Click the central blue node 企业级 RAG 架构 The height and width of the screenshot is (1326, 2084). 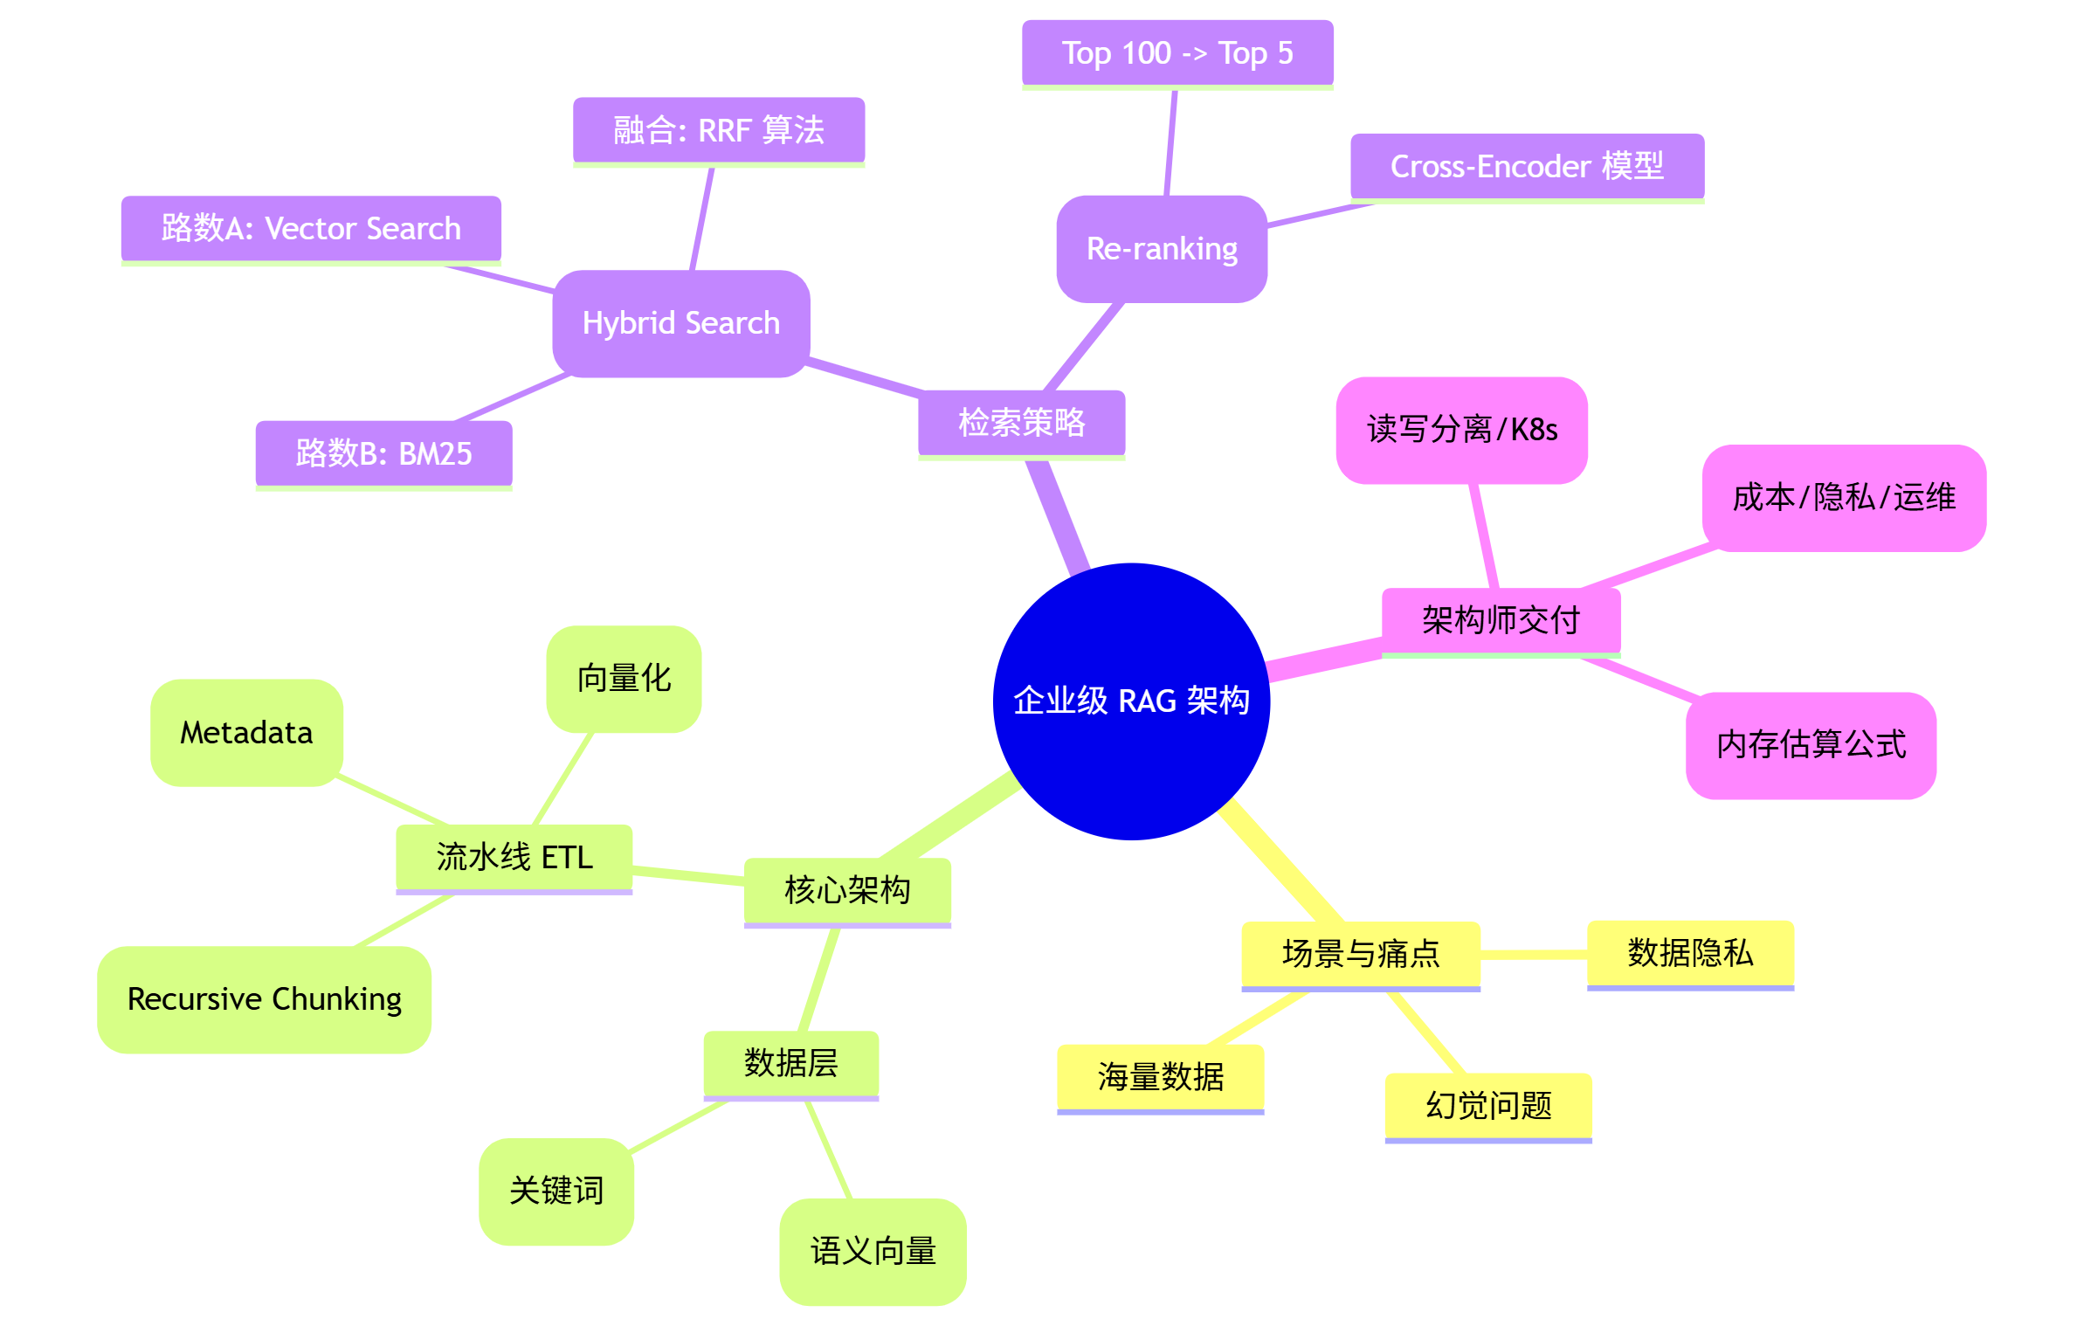tap(1131, 701)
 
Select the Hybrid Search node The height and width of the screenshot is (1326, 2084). tap(680, 323)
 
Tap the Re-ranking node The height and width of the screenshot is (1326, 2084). tap(1161, 249)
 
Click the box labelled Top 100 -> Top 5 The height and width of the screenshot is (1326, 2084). tap(1177, 53)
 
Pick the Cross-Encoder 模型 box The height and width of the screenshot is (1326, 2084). tap(1526, 166)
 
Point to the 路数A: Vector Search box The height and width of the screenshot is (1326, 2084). tap(310, 228)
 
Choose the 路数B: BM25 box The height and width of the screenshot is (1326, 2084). tap(383, 453)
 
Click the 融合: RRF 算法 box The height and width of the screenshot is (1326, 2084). tap(718, 130)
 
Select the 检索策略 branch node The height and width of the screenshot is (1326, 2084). tap(1021, 423)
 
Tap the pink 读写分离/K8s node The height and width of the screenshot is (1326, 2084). tap(1461, 430)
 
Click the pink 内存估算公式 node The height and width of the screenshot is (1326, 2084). tap(1810, 744)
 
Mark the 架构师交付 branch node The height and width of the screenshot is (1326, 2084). tap(1500, 620)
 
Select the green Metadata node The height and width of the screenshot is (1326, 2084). tap(246, 732)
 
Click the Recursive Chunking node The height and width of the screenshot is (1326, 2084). tap(264, 998)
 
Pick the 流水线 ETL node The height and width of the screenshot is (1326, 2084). tap(514, 857)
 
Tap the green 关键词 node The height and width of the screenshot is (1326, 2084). tap(556, 1191)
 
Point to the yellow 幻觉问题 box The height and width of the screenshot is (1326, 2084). tap(1487, 1106)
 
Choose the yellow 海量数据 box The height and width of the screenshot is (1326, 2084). tap(1160, 1077)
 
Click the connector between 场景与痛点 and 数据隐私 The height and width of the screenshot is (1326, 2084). tap(1533, 955)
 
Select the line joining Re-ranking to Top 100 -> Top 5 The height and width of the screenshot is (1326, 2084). tap(1170, 142)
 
